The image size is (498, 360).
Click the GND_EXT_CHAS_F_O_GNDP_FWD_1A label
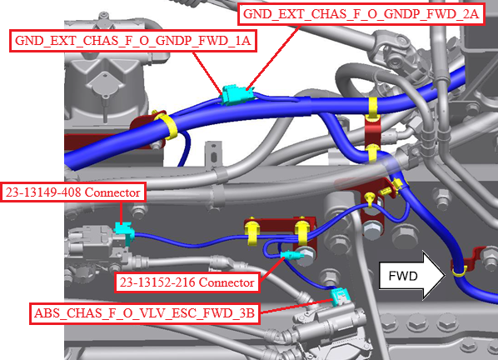click(x=133, y=41)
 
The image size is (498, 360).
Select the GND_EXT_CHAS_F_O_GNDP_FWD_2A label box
click(x=361, y=14)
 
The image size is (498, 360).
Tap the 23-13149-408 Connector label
click(x=73, y=192)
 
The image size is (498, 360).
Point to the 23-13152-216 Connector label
click(x=187, y=282)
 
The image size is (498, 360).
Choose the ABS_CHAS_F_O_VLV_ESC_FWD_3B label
click(x=145, y=313)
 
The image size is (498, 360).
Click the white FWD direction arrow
click(x=412, y=276)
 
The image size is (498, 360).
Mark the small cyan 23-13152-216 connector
click(x=289, y=255)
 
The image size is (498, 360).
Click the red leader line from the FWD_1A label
click(x=207, y=73)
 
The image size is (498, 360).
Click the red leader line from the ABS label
click(x=296, y=306)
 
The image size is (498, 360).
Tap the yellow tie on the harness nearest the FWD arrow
click(x=459, y=272)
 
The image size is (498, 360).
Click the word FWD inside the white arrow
click(x=403, y=276)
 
